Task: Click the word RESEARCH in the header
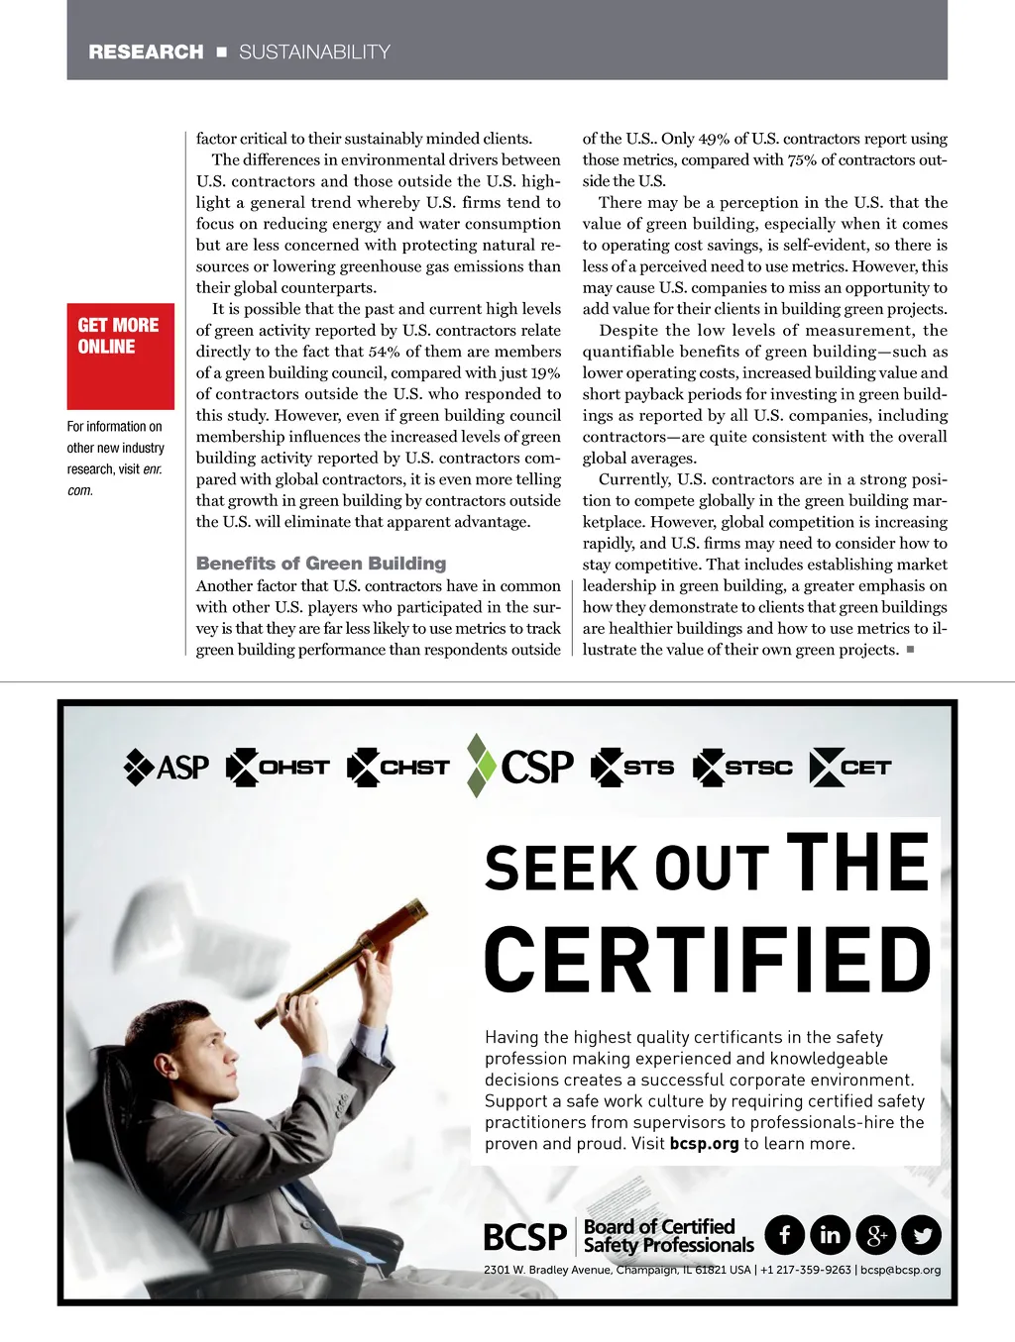point(146,52)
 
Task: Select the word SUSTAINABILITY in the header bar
point(314,52)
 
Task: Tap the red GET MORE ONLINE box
point(120,356)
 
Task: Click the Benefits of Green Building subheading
point(321,564)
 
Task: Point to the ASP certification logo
point(167,768)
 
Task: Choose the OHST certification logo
point(278,768)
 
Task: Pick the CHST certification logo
point(398,768)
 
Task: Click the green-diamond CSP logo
point(520,766)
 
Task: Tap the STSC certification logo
point(743,768)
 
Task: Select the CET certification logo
point(850,768)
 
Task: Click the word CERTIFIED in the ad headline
point(708,960)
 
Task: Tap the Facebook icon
point(785,1235)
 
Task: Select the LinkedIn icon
point(831,1235)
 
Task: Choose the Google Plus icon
point(876,1235)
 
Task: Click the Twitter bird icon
point(922,1235)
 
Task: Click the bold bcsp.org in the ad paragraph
point(704,1143)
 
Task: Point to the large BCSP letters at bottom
point(524,1237)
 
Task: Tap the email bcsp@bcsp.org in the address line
point(900,1270)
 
